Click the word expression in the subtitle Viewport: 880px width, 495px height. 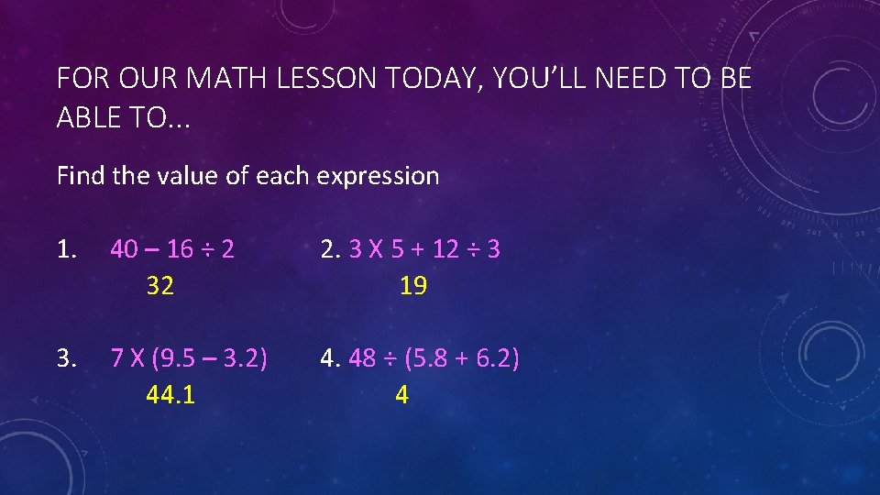tap(379, 175)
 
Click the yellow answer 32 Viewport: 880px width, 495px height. tap(160, 286)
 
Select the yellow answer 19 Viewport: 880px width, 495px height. tap(413, 286)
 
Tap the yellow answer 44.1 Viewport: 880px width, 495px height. tap(170, 394)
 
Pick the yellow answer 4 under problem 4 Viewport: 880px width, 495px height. tap(401, 394)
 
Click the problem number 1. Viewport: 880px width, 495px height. tap(65, 249)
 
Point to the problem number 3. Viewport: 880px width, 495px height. tap(65, 357)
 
